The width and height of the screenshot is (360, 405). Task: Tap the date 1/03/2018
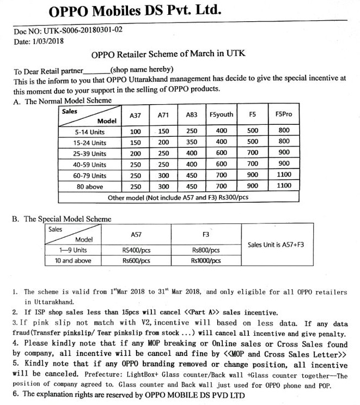coord(47,41)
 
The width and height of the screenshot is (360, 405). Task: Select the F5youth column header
coord(221,115)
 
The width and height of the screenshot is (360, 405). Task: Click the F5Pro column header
coord(284,114)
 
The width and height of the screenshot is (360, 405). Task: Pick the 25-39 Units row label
coord(90,153)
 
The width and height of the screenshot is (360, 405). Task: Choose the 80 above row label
coord(90,186)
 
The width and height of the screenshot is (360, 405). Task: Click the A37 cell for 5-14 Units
coord(135,131)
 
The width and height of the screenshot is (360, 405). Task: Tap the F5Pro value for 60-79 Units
coord(284,176)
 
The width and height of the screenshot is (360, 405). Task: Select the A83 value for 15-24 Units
coord(192,142)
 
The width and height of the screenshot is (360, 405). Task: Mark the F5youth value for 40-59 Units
coord(221,164)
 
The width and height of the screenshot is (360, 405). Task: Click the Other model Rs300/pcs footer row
coord(178,197)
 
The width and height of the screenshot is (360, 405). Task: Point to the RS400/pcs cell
coord(137,250)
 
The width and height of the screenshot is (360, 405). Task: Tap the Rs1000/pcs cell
coord(206,261)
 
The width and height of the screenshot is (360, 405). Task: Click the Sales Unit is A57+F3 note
coord(276,245)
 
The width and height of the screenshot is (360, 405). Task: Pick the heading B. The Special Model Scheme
coord(62,219)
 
